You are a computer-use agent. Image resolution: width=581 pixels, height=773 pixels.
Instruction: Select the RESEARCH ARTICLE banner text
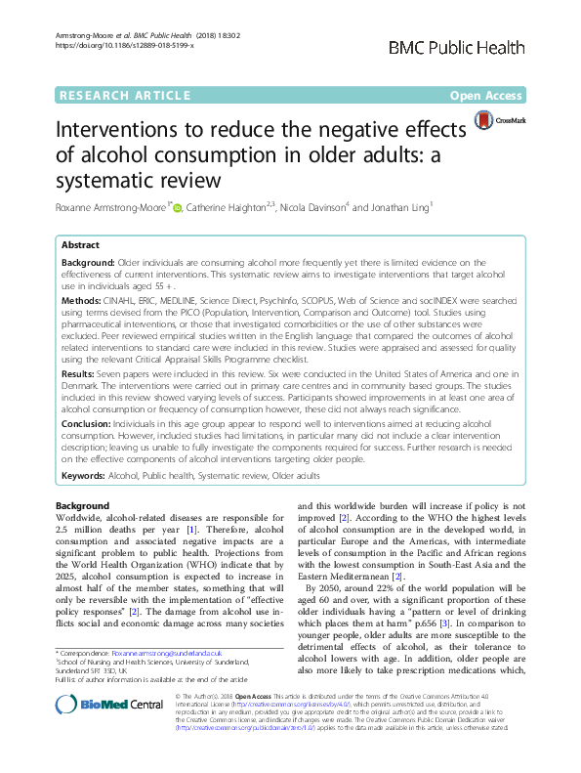pos(124,96)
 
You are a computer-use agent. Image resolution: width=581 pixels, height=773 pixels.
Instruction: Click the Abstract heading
pos(81,245)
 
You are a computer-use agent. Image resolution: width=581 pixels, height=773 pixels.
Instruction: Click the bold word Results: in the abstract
pos(83,373)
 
